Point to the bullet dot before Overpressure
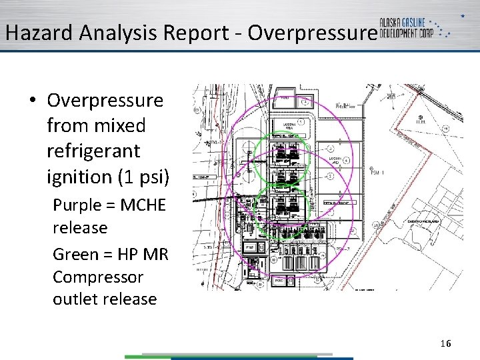(x=32, y=101)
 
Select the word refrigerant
(x=93, y=151)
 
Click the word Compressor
(x=98, y=276)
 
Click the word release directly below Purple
(x=80, y=227)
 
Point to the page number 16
(x=445, y=343)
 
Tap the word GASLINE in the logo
(x=426, y=22)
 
